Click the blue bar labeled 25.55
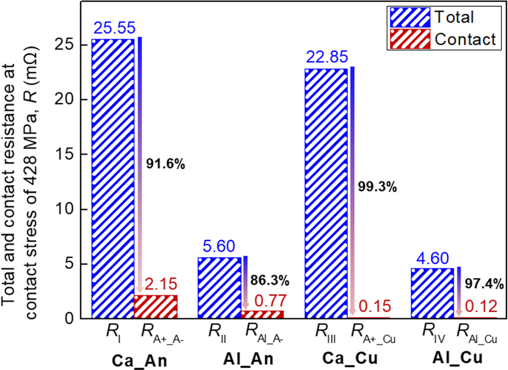113,178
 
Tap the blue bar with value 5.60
219,288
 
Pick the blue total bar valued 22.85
326,193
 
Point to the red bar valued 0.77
263,314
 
